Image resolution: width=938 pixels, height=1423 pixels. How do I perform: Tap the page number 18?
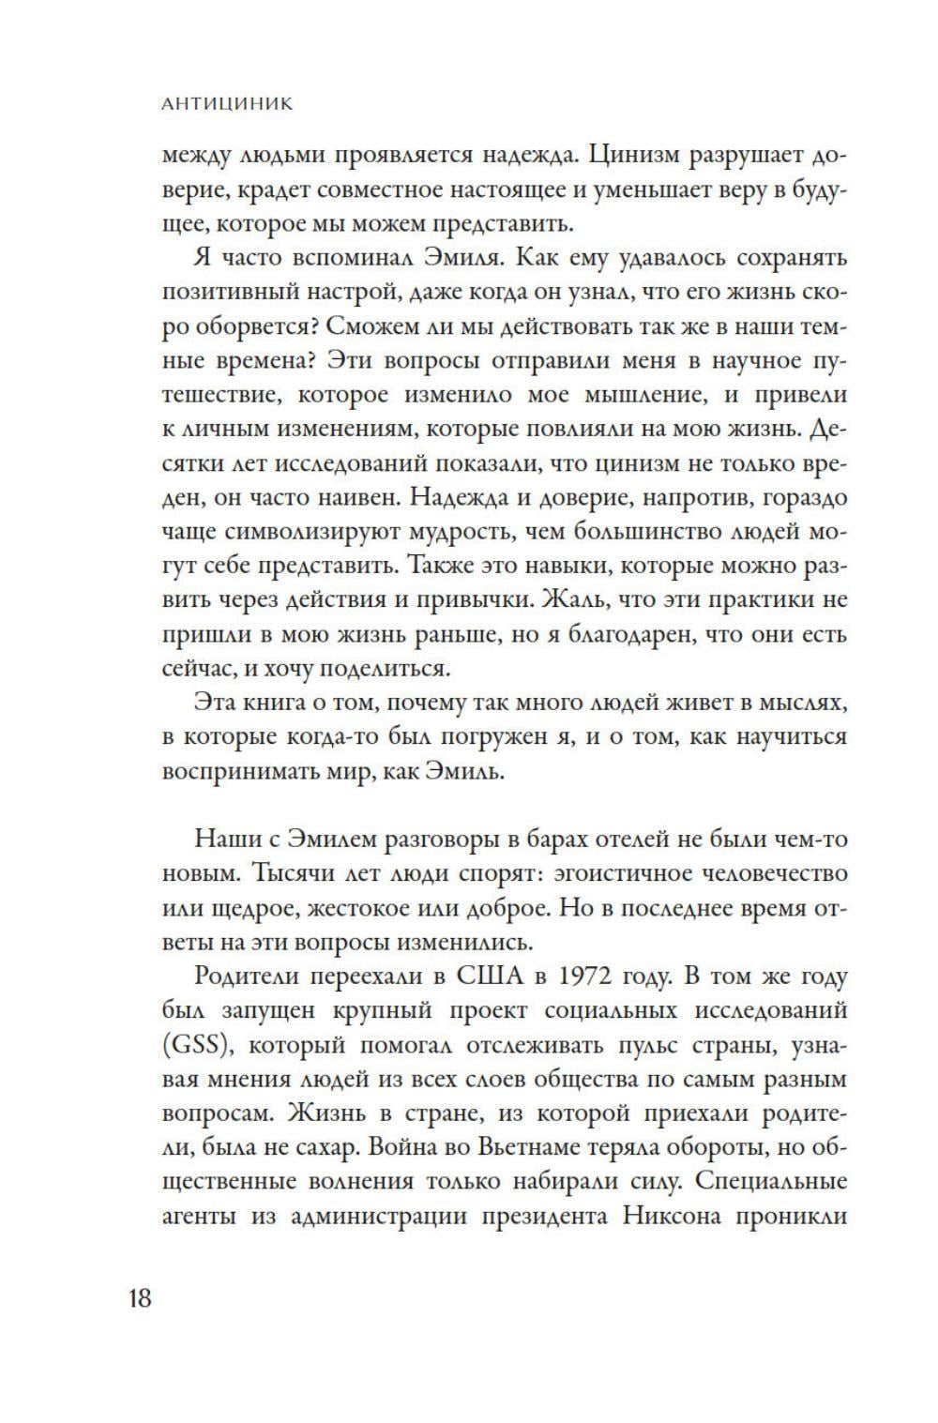[x=139, y=1299]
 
